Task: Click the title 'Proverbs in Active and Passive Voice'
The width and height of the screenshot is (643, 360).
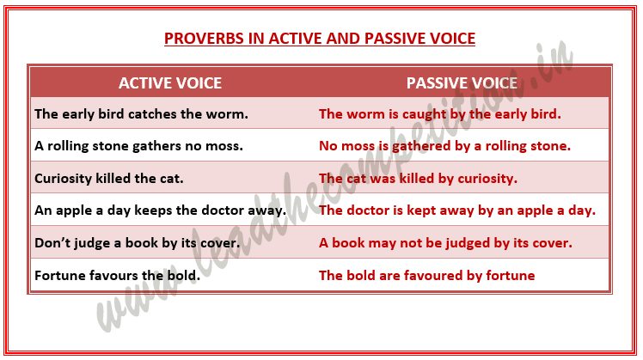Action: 319,39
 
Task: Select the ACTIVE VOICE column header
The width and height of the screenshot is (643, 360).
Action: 169,83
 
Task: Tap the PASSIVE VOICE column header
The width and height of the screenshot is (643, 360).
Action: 462,83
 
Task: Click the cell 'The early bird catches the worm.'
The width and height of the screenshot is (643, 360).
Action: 141,113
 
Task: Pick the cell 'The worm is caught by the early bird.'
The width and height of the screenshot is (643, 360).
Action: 439,113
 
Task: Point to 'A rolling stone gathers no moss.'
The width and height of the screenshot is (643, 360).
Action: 138,146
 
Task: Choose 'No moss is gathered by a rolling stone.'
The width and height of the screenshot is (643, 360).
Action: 444,146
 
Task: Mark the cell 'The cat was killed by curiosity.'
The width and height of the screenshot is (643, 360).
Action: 418,179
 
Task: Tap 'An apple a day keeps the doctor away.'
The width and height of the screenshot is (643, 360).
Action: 160,211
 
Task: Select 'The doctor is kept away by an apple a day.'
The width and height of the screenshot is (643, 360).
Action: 456,211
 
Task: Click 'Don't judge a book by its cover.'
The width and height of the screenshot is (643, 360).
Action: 137,243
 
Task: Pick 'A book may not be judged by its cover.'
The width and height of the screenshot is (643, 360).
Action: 445,243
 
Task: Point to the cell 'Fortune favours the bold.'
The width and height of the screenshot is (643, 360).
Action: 116,276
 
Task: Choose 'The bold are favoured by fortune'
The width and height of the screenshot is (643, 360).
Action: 426,276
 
